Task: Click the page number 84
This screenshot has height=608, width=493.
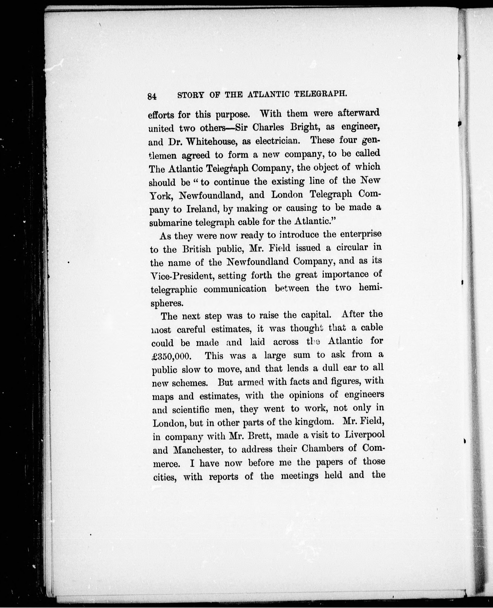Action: [x=152, y=96]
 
